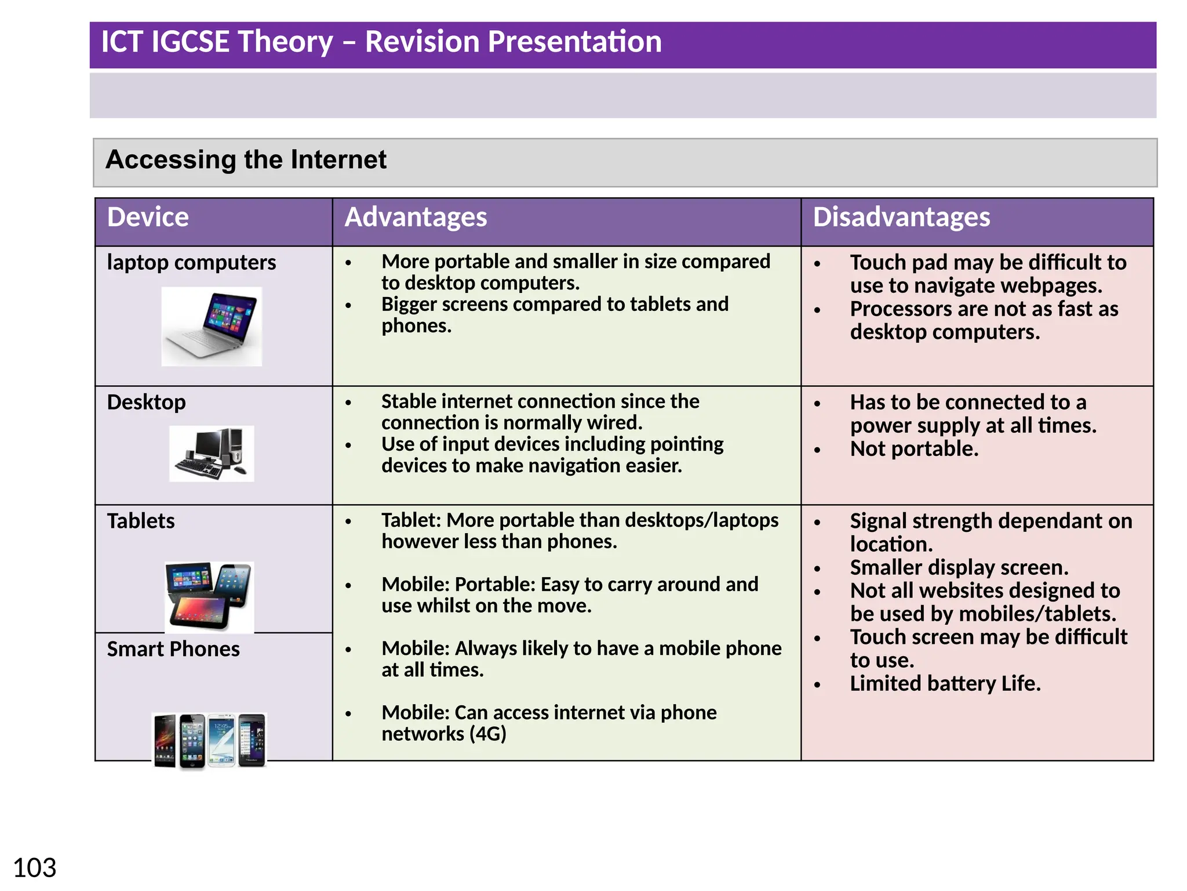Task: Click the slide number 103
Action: point(35,868)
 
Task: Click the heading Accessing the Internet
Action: point(246,160)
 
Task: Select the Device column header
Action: point(148,218)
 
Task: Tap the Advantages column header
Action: point(416,218)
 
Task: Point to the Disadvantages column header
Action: point(901,218)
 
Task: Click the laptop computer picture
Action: point(212,327)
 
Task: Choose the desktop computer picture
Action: point(212,454)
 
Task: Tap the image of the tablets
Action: point(209,596)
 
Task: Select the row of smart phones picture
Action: point(209,741)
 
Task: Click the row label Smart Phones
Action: point(173,649)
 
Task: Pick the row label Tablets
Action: point(141,521)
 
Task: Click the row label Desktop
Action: point(146,402)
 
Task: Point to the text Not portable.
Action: point(914,449)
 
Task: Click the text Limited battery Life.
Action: point(945,683)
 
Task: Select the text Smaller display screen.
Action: point(959,567)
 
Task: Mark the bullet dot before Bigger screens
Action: point(348,306)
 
